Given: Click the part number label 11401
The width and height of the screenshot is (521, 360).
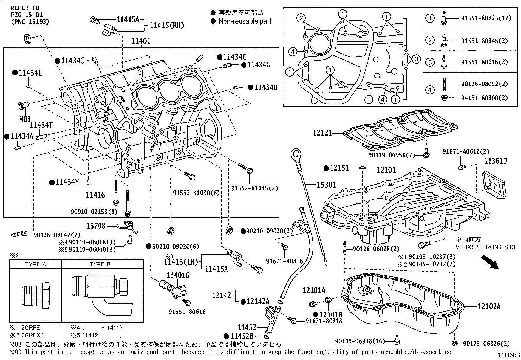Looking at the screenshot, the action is click(141, 41).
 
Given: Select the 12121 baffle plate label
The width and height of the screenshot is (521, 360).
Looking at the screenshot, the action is click(322, 133).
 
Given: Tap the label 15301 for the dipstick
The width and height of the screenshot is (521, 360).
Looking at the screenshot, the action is click(326, 185).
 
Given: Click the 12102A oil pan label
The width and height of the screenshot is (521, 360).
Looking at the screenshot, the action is click(489, 307).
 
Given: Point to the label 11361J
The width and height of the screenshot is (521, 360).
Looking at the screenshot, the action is click(495, 161).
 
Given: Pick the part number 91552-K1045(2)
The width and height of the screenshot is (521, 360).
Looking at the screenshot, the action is click(255, 188).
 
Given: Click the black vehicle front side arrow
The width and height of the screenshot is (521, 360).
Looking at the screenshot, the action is click(490, 261).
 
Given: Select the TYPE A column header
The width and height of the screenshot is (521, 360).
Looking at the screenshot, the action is click(36, 264).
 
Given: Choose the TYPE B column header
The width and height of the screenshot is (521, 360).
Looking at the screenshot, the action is click(100, 264).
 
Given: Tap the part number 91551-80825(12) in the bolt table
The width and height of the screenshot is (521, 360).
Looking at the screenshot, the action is click(486, 18).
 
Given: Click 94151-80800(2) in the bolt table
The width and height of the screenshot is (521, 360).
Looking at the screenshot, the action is click(484, 98).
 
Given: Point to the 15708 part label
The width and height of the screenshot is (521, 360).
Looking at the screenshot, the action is click(96, 226).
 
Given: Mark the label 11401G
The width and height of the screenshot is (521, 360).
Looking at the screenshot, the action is click(178, 275).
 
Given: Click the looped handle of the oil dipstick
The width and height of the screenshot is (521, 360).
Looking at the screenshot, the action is click(296, 155).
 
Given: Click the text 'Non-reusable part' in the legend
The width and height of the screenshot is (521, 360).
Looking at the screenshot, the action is click(245, 21).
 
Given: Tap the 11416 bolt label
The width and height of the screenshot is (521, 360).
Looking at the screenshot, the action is click(95, 195).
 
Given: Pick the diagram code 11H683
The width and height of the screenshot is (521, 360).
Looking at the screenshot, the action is click(509, 355).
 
